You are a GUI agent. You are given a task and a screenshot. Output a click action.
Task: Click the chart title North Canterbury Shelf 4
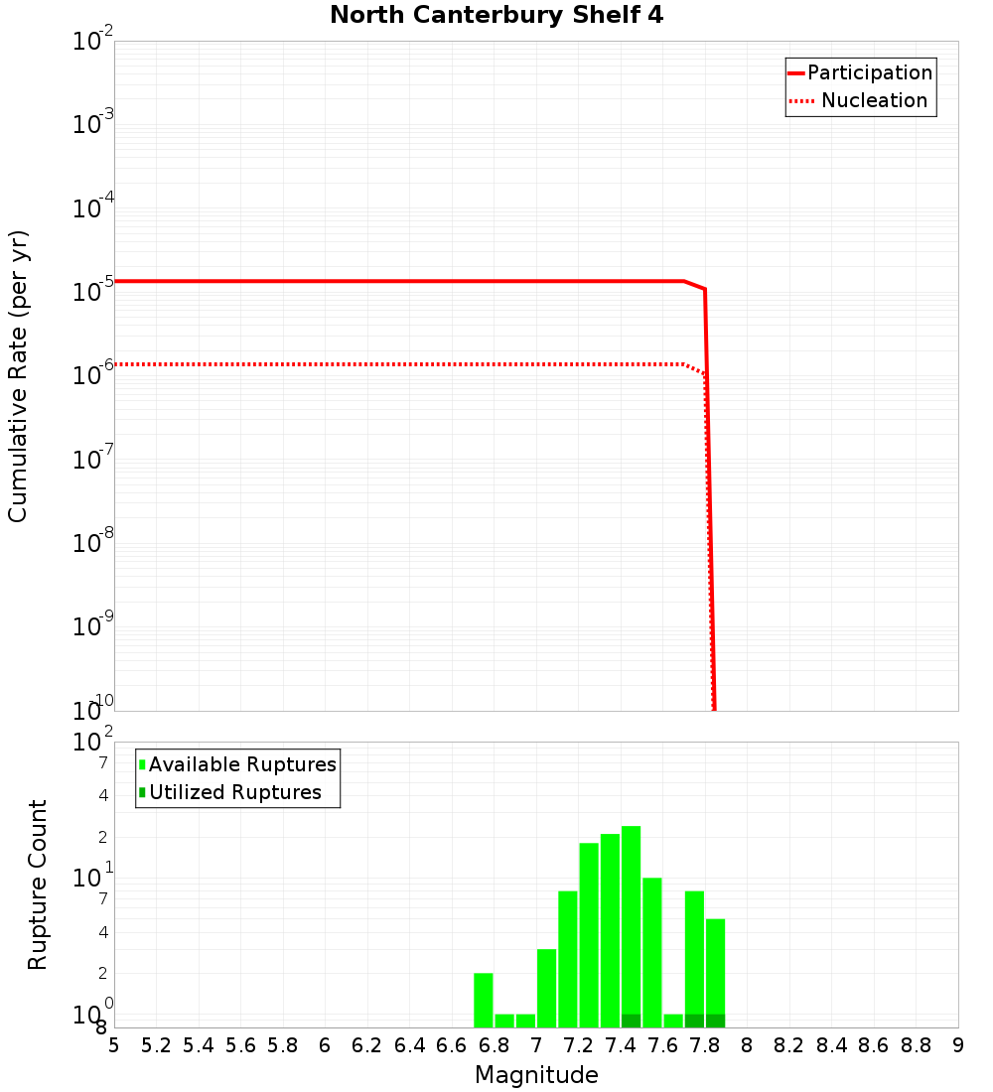pyautogui.click(x=496, y=16)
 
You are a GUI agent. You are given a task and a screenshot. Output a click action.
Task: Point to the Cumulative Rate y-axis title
pyautogui.click(x=19, y=375)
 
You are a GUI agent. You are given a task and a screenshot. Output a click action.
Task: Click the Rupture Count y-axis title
pyautogui.click(x=38, y=885)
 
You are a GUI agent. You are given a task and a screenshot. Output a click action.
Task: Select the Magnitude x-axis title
pyautogui.click(x=536, y=1075)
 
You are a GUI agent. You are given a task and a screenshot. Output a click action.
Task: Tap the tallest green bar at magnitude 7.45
pyautogui.click(x=631, y=923)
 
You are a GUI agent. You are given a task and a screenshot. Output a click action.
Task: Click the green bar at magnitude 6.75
pyautogui.click(x=484, y=1000)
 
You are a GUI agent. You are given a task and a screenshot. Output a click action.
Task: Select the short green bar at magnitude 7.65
pyautogui.click(x=673, y=1021)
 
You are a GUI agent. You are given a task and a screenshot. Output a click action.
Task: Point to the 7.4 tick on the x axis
pyautogui.click(x=621, y=1045)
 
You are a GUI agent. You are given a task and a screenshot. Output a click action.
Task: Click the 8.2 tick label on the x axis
pyautogui.click(x=789, y=1045)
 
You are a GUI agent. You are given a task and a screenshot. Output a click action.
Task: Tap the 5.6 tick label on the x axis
pyautogui.click(x=240, y=1045)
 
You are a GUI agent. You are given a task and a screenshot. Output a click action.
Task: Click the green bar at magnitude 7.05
pyautogui.click(x=546, y=988)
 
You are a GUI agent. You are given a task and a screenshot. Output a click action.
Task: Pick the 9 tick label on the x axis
pyautogui.click(x=958, y=1045)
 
